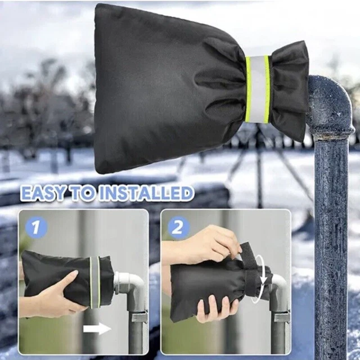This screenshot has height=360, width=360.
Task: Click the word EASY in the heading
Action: coord(43,193)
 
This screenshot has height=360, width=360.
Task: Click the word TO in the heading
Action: coord(82,193)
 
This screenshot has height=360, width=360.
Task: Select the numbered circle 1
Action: coord(36,227)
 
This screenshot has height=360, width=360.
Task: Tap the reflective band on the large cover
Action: coord(257,89)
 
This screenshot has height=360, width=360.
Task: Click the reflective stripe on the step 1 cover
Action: coord(94,282)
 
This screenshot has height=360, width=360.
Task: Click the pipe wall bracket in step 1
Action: coord(139,317)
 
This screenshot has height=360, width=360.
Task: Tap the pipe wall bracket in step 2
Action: coord(282,317)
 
